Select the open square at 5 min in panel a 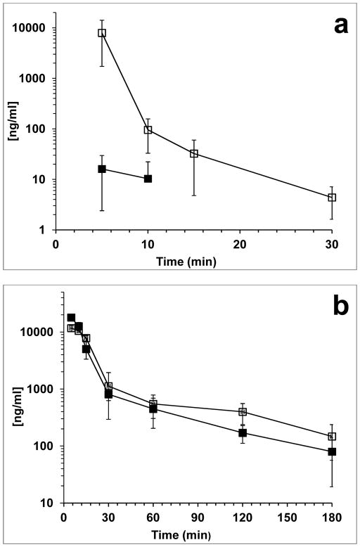(102, 33)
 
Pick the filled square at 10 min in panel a (148, 179)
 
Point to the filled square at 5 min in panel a (102, 169)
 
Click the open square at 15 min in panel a (194, 153)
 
